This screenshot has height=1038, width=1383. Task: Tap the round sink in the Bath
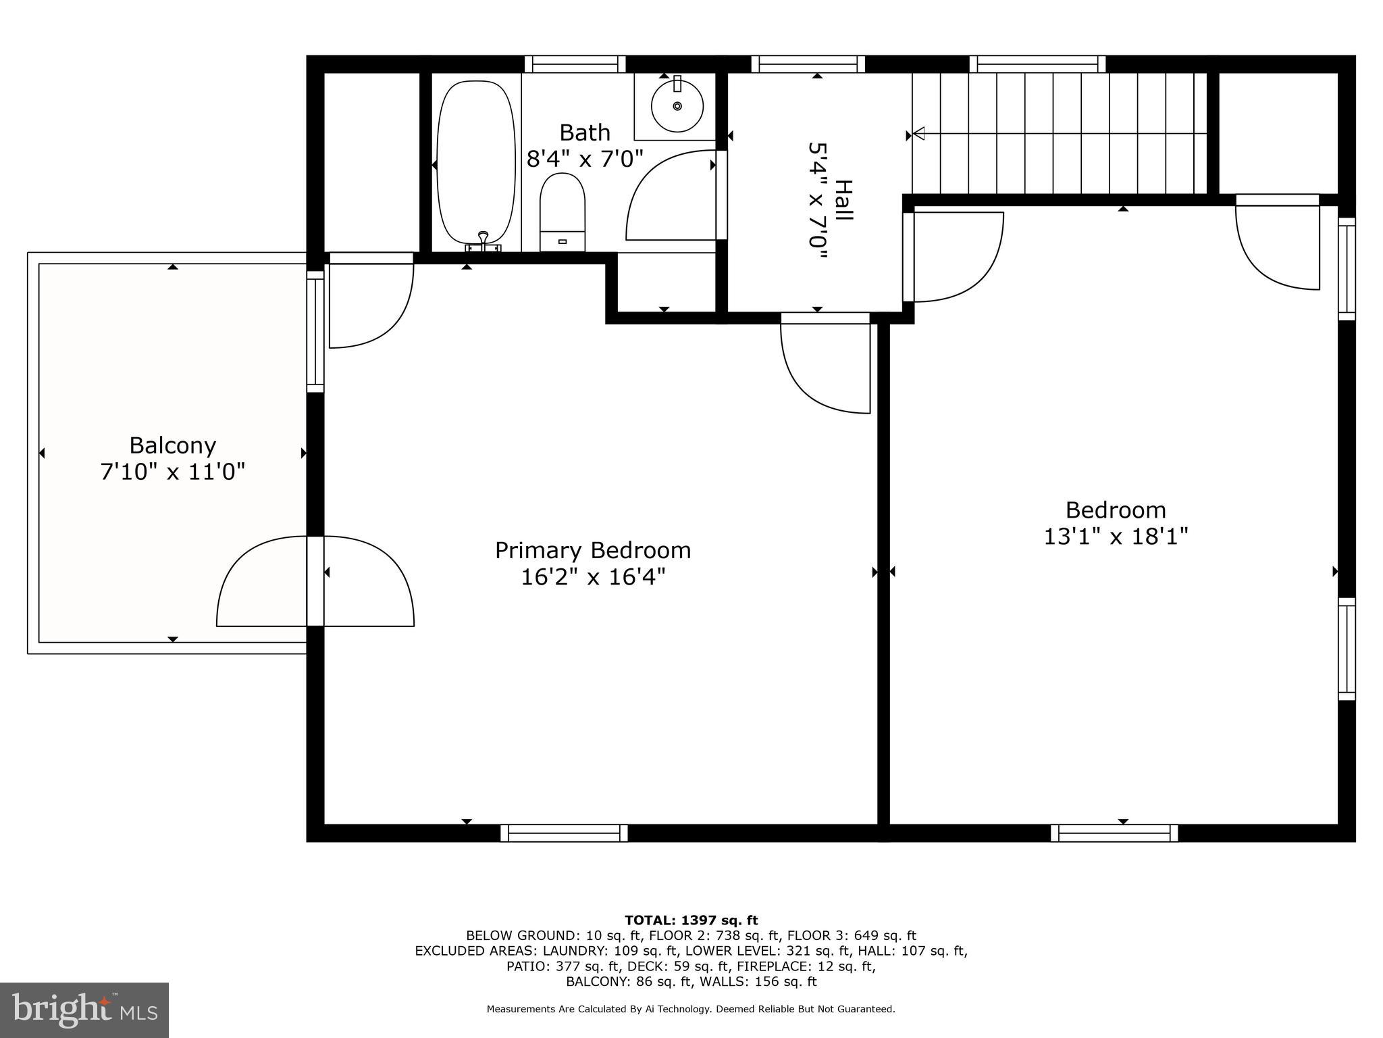pos(677,106)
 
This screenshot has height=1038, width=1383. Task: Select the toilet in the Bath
pos(562,212)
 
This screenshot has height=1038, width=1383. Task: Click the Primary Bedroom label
pos(593,550)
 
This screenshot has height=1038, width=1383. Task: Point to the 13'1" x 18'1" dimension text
pos(1116,537)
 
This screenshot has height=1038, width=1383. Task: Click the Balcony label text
pos(172,445)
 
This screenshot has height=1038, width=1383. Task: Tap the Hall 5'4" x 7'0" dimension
pos(818,200)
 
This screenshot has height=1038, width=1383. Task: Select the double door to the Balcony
pos(315,581)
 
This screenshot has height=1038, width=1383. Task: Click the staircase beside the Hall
pos(1060,134)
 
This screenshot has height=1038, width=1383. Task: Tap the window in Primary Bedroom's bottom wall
pos(564,833)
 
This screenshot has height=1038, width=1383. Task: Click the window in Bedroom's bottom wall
pos(1114,833)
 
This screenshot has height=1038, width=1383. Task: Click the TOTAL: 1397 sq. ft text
pos(691,920)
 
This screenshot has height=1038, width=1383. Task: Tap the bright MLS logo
pos(84,1010)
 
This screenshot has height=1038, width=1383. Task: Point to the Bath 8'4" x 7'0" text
pos(585,159)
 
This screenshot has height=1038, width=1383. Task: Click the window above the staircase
pos(1037,64)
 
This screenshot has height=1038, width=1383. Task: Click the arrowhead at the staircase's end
pos(918,134)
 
